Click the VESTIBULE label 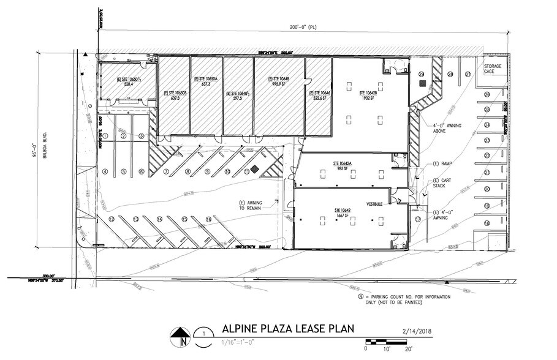[375, 204]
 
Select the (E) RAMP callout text [442, 165]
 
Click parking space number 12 [112, 219]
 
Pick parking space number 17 [418, 219]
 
